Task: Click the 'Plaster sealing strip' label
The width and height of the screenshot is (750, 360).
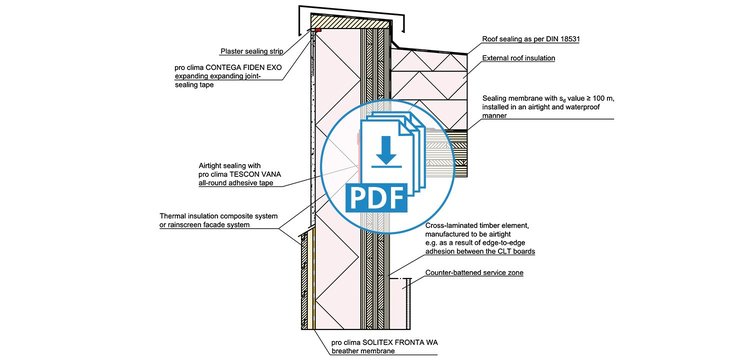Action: pyautogui.click(x=252, y=51)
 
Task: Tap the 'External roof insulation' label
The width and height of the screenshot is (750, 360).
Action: pyautogui.click(x=518, y=58)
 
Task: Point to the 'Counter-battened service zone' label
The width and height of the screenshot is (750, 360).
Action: pyautogui.click(x=474, y=273)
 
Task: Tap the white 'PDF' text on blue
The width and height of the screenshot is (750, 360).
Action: pyautogui.click(x=375, y=198)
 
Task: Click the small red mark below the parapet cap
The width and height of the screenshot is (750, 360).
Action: pyautogui.click(x=318, y=31)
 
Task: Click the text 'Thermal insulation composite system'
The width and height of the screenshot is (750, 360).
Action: pyautogui.click(x=219, y=216)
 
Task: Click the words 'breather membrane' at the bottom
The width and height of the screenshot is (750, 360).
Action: pyautogui.click(x=363, y=352)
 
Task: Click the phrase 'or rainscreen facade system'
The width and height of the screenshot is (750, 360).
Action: pyautogui.click(x=205, y=225)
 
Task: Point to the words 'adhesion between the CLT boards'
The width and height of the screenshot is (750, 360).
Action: pyautogui.click(x=480, y=251)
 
